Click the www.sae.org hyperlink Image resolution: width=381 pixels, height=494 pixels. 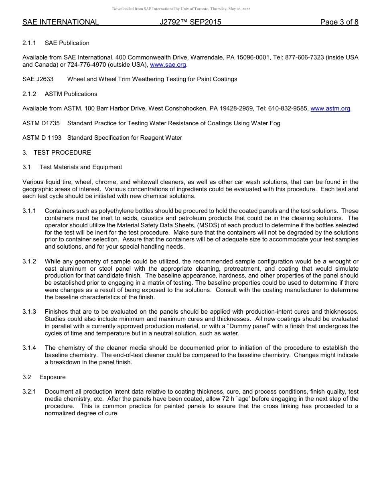tap(168, 65)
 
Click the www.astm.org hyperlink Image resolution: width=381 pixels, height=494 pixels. tap(330, 108)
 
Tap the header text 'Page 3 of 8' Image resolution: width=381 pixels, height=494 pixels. tap(339, 22)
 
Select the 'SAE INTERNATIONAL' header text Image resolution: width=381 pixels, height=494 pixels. tap(61, 22)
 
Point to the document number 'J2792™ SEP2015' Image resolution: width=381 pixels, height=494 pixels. tap(190, 22)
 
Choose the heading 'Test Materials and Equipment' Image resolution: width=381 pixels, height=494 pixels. tap(81, 167)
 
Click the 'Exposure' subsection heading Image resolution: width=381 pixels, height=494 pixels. tap(53, 377)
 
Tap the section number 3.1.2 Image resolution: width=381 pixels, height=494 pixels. tap(29, 261)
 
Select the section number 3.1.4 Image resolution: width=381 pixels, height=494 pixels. tap(29, 348)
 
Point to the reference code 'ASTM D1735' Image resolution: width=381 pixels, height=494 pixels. tap(41, 123)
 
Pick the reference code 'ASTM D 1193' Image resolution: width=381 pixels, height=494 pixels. tap(42, 138)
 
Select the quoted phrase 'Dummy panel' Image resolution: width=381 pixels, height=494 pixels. tap(251, 326)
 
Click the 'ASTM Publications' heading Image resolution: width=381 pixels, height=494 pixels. tap(71, 94)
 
